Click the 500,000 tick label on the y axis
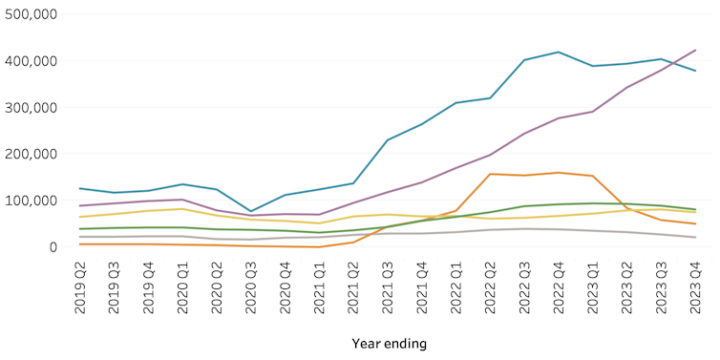click(32, 14)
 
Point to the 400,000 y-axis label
click(32, 61)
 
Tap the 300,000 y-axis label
click(32, 108)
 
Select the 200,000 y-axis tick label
click(32, 154)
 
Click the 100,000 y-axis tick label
click(32, 201)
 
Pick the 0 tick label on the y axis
click(53, 247)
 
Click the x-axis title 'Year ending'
click(389, 343)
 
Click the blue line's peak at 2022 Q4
click(559, 53)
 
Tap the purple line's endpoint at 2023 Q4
click(695, 50)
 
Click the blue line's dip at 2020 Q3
click(251, 211)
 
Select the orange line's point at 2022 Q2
click(491, 174)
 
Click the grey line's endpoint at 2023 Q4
click(695, 238)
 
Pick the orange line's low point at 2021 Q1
click(319, 247)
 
